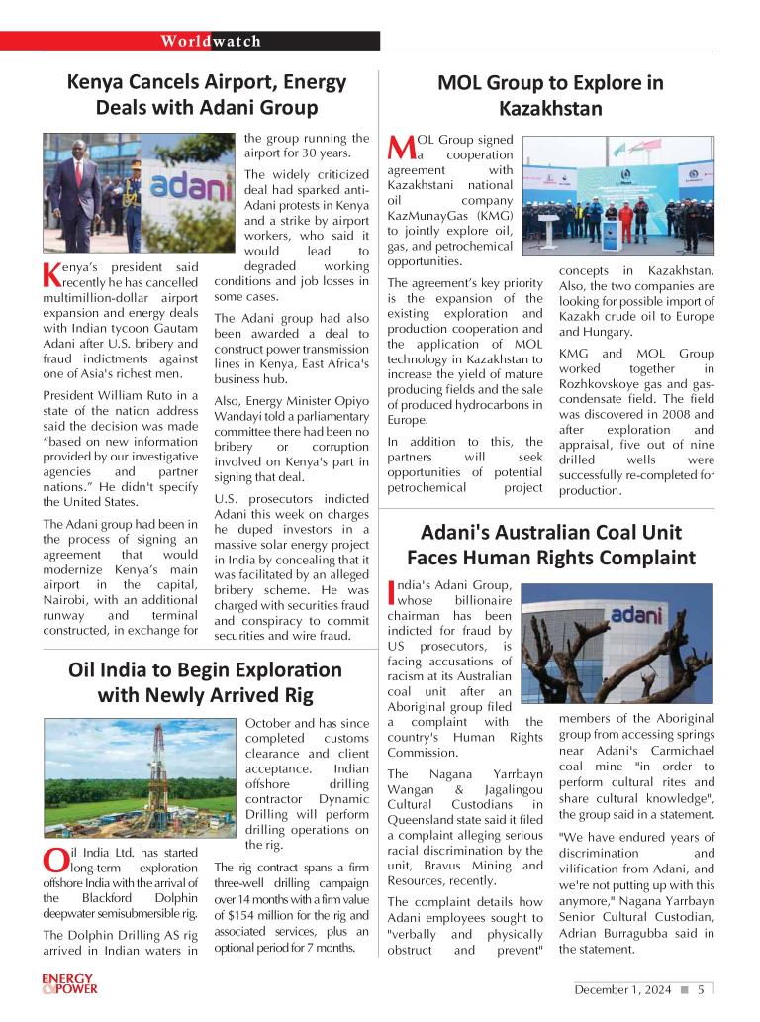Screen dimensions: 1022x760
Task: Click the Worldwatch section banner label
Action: pyautogui.click(x=211, y=41)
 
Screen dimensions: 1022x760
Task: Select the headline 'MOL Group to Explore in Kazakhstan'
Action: pyautogui.click(x=550, y=96)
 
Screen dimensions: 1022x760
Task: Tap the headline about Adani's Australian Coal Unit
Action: pyautogui.click(x=550, y=545)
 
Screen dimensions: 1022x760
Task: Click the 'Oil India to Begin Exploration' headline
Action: pyautogui.click(x=205, y=682)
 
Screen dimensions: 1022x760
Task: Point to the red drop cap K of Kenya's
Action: pyautogui.click(x=52, y=276)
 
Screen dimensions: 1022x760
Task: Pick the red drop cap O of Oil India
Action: pyautogui.click(x=54, y=863)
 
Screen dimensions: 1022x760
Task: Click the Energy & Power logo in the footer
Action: pyautogui.click(x=69, y=984)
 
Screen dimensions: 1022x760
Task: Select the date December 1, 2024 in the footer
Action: pyautogui.click(x=622, y=988)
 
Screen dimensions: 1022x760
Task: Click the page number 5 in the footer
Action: pyautogui.click(x=701, y=988)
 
